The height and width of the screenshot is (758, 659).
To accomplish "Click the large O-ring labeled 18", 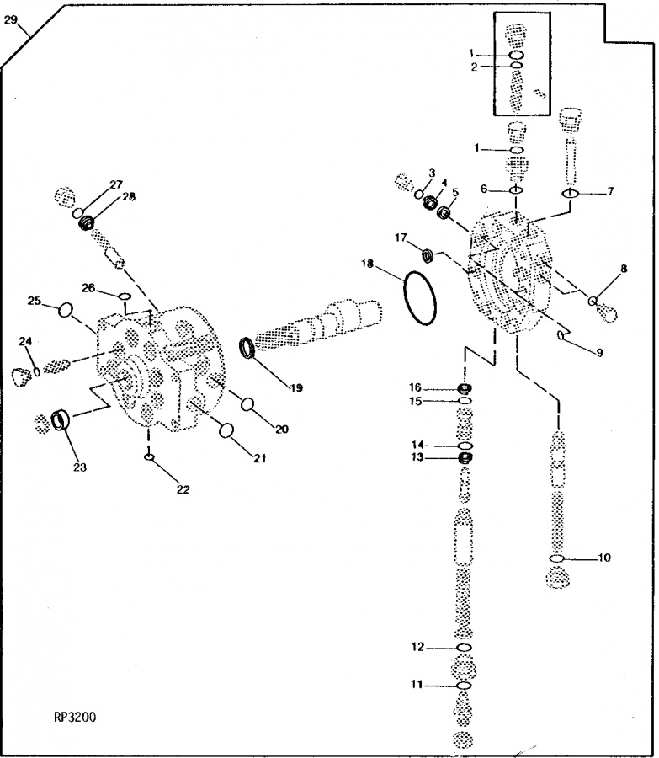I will [420, 296].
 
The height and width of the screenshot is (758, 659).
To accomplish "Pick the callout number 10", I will [604, 558].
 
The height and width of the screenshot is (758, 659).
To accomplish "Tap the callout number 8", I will [624, 270].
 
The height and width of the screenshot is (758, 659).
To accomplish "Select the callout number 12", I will [417, 647].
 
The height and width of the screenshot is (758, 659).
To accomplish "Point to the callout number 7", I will [610, 191].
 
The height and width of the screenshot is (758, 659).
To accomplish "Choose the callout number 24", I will [25, 341].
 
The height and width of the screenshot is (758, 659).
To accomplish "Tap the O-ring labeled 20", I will [249, 404].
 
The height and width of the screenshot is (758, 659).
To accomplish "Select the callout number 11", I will [417, 686].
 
